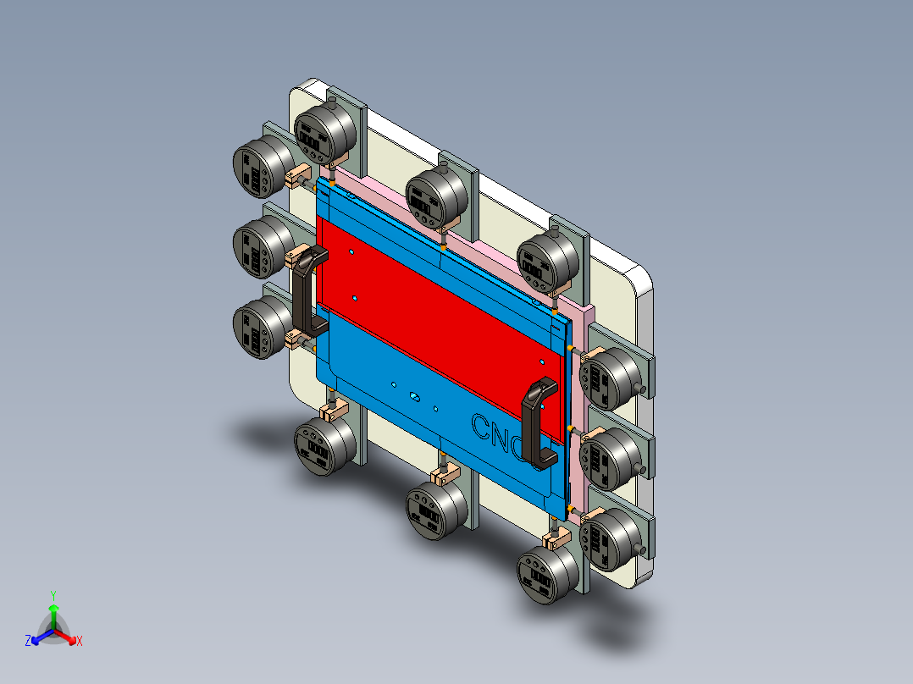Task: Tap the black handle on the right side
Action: (537, 422)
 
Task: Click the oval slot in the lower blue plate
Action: (414, 396)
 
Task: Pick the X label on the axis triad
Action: (80, 641)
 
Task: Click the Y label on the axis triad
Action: (53, 595)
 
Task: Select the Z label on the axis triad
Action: (28, 641)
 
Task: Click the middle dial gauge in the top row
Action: (436, 196)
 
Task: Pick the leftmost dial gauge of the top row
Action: (324, 131)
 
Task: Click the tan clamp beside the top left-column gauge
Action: (297, 178)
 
